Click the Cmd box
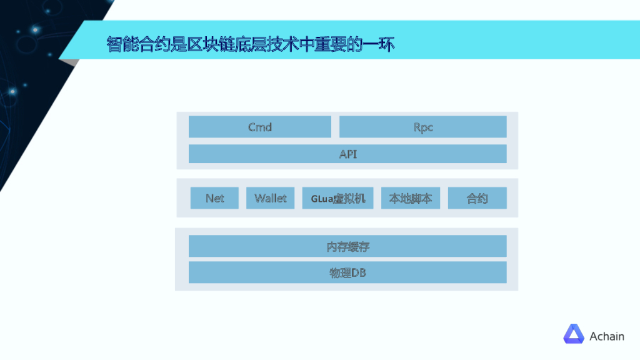(260, 127)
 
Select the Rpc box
(422, 127)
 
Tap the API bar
(347, 154)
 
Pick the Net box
(214, 198)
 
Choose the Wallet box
(270, 198)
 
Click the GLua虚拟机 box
(337, 198)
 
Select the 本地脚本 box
(411, 198)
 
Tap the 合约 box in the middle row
(477, 198)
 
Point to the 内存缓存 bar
(347, 246)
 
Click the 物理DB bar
(347, 272)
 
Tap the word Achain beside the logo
(606, 336)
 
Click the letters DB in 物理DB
(359, 272)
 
